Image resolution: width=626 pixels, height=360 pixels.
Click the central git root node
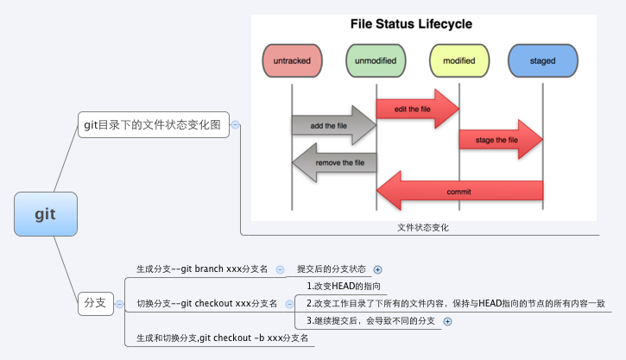point(45,214)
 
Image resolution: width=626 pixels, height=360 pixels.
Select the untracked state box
point(291,61)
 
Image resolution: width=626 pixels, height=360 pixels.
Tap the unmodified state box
point(376,61)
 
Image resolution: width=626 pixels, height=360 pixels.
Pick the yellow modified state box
point(458,61)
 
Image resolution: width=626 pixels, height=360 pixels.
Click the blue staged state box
point(542,61)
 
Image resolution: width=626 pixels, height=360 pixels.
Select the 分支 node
point(94,303)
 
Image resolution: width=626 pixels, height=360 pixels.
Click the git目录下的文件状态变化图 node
point(152,125)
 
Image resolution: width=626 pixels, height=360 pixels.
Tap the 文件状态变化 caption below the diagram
point(423,228)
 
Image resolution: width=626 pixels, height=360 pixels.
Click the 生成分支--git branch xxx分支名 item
point(202,269)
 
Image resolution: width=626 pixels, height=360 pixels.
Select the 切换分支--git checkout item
point(207,303)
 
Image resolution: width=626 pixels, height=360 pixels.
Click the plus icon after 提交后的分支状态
point(376,270)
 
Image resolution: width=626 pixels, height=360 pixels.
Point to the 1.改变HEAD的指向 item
point(344,286)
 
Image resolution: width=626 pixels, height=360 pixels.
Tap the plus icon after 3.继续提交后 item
point(446,322)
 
